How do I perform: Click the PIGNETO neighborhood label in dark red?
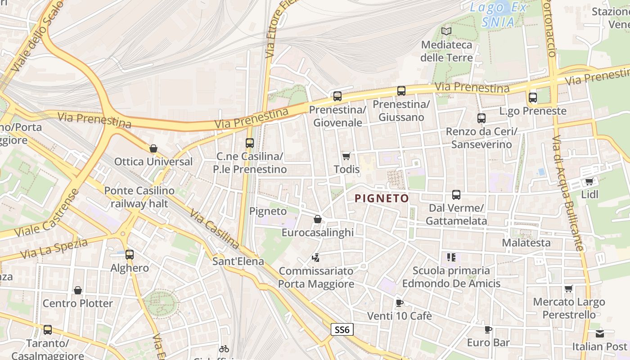click(x=382, y=198)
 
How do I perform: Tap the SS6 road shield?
click(x=342, y=330)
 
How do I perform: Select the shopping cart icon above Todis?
click(x=346, y=156)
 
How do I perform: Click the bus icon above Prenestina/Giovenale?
click(x=337, y=96)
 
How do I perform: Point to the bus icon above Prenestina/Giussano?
click(x=401, y=91)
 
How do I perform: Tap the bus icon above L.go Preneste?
click(x=533, y=97)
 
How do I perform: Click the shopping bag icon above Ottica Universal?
click(x=153, y=148)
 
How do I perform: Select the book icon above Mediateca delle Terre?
click(x=446, y=31)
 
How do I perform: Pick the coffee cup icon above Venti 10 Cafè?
click(x=399, y=303)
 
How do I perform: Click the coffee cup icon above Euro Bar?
click(x=488, y=330)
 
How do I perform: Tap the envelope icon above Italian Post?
click(x=600, y=334)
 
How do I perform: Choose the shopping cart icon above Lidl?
click(x=589, y=182)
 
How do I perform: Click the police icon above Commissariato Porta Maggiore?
click(x=316, y=258)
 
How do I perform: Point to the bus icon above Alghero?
click(x=130, y=255)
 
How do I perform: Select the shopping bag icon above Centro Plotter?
click(x=78, y=290)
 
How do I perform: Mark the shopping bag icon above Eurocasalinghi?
click(x=318, y=219)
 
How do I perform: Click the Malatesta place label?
click(x=526, y=243)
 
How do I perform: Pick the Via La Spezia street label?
click(x=54, y=248)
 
